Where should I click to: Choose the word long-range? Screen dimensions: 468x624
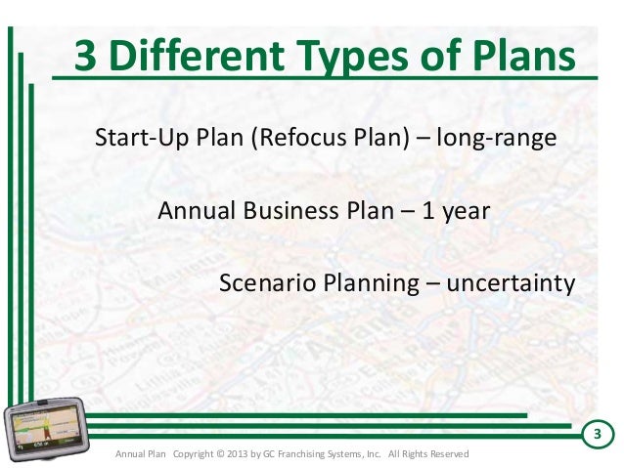click(x=498, y=138)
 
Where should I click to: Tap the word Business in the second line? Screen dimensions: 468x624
click(x=284, y=211)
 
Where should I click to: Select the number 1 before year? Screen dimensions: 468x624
click(x=428, y=211)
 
